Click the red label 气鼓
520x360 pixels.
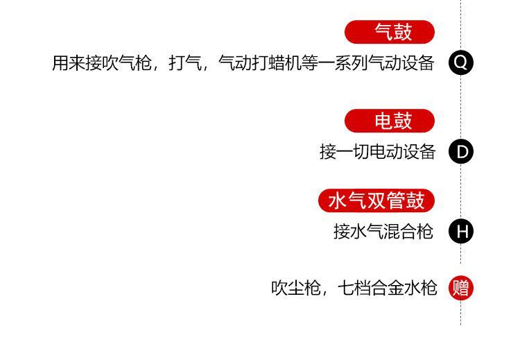(390, 32)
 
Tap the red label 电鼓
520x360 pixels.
(390, 121)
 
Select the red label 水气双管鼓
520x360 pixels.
(376, 201)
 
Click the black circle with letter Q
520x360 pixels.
(461, 63)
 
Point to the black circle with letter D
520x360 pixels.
(461, 151)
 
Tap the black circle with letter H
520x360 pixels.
(461, 231)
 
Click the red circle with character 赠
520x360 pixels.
(461, 287)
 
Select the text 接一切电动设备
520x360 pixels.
(377, 152)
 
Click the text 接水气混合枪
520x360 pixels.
(383, 232)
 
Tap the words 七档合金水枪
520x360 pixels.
(388, 288)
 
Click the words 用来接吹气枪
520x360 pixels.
(102, 64)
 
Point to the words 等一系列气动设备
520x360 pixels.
(368, 64)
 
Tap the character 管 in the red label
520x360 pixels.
(396, 201)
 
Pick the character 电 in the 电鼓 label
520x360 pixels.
(383, 121)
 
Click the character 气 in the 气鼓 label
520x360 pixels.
(383, 32)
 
